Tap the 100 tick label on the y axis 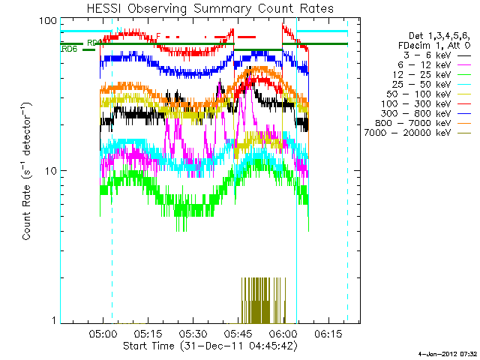49,20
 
